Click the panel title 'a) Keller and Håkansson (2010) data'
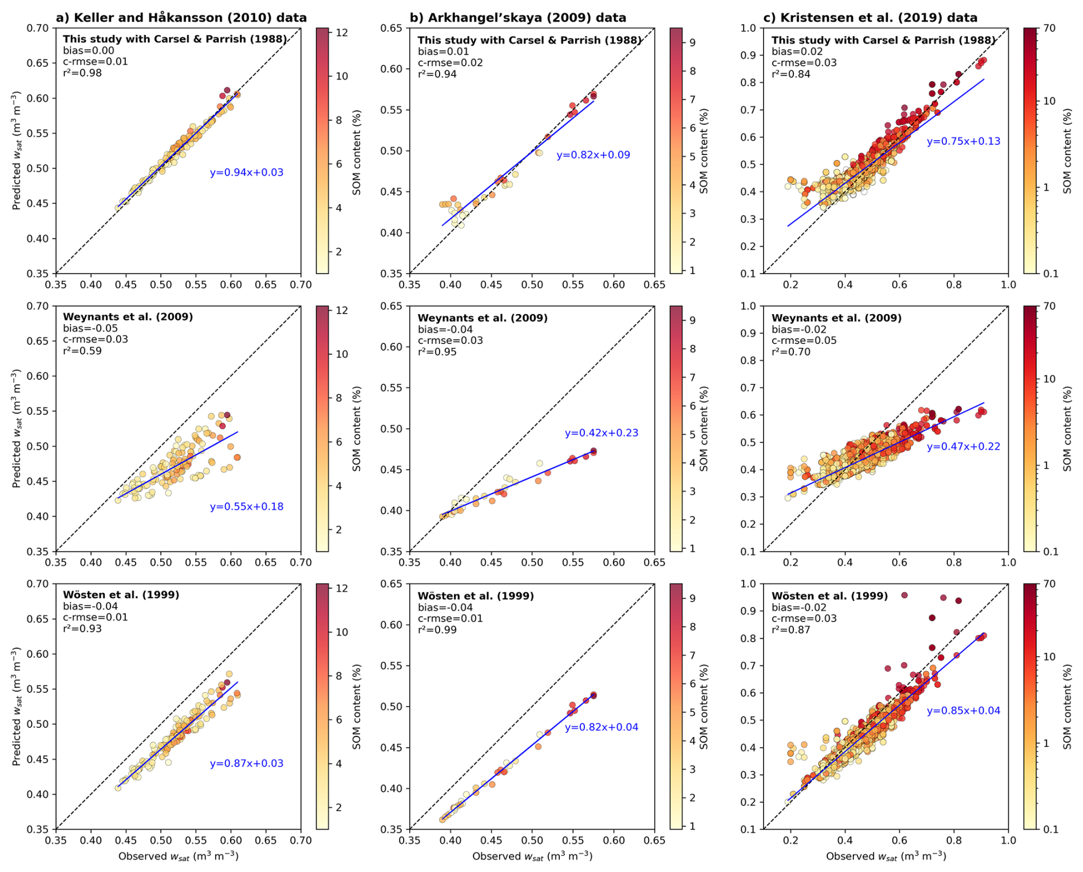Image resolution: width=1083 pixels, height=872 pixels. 181,18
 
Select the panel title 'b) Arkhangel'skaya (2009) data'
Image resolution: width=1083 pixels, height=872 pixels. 517,18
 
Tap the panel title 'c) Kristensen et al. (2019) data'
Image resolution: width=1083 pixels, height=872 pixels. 870,18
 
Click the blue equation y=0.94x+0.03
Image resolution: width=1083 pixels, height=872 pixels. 246,172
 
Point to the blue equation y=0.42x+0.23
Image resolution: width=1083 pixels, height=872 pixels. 601,433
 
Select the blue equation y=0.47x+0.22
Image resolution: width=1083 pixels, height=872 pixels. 963,446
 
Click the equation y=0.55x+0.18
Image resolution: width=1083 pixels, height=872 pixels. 246,506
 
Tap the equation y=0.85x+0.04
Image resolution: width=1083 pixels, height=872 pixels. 963,711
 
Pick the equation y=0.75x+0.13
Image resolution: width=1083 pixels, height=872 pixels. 963,141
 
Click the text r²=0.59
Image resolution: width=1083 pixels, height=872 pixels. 82,351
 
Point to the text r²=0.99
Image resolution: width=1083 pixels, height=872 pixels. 437,630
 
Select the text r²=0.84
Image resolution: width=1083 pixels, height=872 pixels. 791,74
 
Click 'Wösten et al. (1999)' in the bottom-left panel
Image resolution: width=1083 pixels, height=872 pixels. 121,594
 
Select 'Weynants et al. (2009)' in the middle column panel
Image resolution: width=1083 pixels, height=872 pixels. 483,318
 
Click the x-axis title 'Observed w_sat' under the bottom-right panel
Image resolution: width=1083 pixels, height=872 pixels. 886,856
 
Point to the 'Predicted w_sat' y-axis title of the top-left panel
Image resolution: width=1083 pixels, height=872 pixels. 17,150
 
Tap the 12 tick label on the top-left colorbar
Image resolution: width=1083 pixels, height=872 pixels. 342,33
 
